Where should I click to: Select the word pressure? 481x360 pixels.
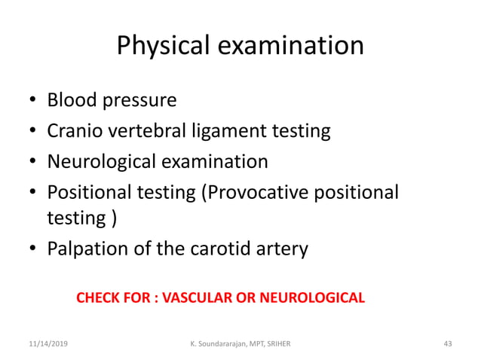(141, 101)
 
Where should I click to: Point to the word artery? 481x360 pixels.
(283, 249)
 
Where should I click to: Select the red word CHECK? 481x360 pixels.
(97, 297)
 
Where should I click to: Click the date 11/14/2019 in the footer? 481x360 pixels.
(47, 343)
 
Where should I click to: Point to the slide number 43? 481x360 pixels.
(448, 343)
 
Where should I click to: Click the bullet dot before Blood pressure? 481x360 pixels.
(32, 101)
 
